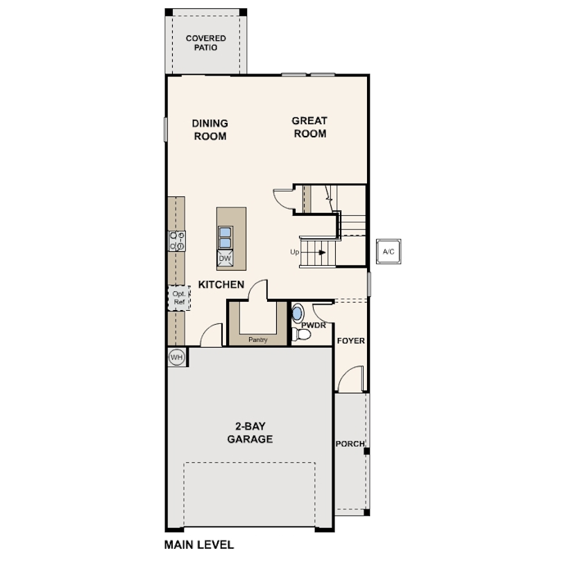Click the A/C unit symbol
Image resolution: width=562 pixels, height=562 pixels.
pos(389,252)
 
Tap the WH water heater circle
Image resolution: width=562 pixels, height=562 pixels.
pos(177,357)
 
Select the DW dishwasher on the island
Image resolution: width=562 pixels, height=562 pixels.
pos(225,258)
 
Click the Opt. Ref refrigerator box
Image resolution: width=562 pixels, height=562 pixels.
pos(179,298)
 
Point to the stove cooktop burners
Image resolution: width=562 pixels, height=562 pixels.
pos(177,241)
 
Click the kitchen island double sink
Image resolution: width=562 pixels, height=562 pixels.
pos(225,237)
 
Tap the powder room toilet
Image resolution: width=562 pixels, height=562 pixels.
pos(301,334)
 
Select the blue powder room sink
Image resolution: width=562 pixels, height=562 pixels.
pos(297,313)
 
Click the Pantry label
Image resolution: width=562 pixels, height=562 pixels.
pos(258,339)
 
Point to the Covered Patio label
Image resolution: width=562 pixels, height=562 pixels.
pos(206,43)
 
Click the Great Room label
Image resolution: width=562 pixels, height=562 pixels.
pos(309,127)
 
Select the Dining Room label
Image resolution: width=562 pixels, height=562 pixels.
pos(210,130)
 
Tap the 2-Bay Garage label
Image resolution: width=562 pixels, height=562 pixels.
pos(250,433)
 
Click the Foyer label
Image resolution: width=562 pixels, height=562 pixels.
pos(351,341)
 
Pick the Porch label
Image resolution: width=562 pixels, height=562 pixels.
pos(350,444)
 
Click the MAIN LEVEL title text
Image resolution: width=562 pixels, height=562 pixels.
pos(199,545)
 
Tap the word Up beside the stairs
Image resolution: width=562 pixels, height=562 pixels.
pos(295,252)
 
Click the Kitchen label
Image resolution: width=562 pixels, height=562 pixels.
pos(221,284)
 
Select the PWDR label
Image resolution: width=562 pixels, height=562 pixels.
pos(314,325)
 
